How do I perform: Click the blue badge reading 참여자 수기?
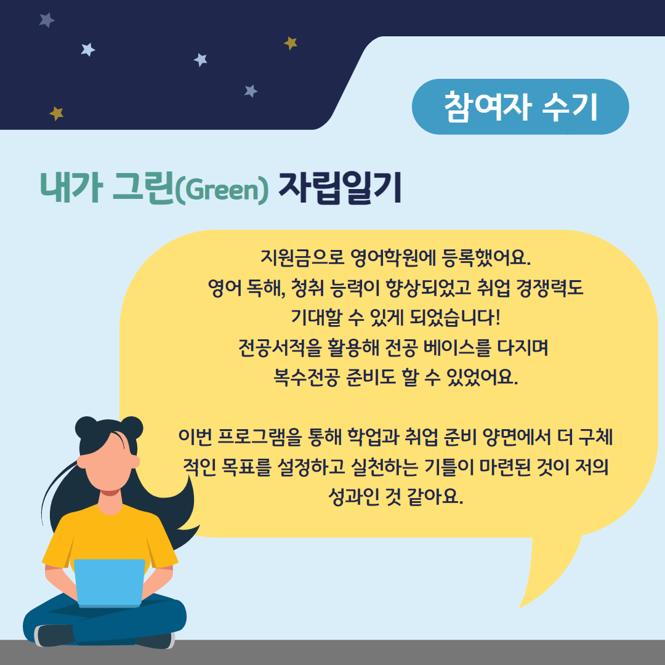click(x=520, y=107)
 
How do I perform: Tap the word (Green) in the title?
click(x=222, y=190)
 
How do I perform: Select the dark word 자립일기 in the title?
click(x=340, y=188)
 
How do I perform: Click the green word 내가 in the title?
click(x=71, y=187)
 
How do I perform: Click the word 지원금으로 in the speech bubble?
click(x=302, y=257)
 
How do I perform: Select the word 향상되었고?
click(x=429, y=288)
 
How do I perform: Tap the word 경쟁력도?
click(x=550, y=288)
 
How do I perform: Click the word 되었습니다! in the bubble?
click(x=454, y=318)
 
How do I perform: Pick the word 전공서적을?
click(x=280, y=348)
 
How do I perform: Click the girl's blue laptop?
click(x=110, y=582)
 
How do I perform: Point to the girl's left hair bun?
click(x=87, y=427)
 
